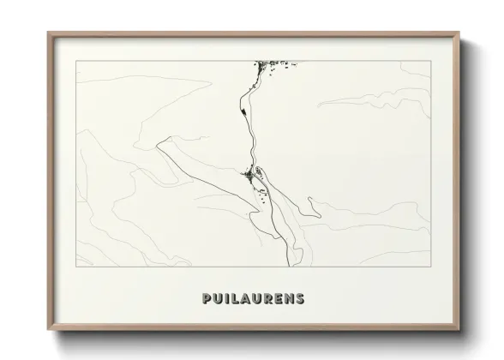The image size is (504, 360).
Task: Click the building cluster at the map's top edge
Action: tap(273, 64)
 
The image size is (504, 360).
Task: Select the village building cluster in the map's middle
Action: tap(252, 175)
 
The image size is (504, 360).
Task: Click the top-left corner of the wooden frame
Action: tap(48, 33)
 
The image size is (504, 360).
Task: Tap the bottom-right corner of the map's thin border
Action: tap(431, 266)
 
